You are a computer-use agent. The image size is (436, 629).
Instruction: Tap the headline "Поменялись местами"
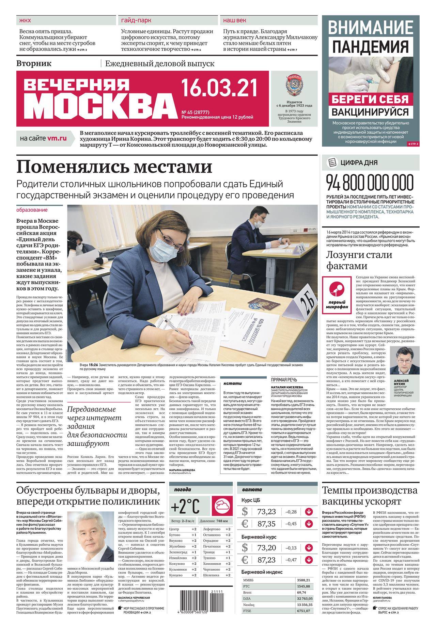(114, 167)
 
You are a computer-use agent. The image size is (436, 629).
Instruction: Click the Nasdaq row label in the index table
(249, 605)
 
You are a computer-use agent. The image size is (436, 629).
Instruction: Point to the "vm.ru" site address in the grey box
(57, 138)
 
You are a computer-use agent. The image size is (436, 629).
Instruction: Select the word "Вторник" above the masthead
(34, 63)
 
